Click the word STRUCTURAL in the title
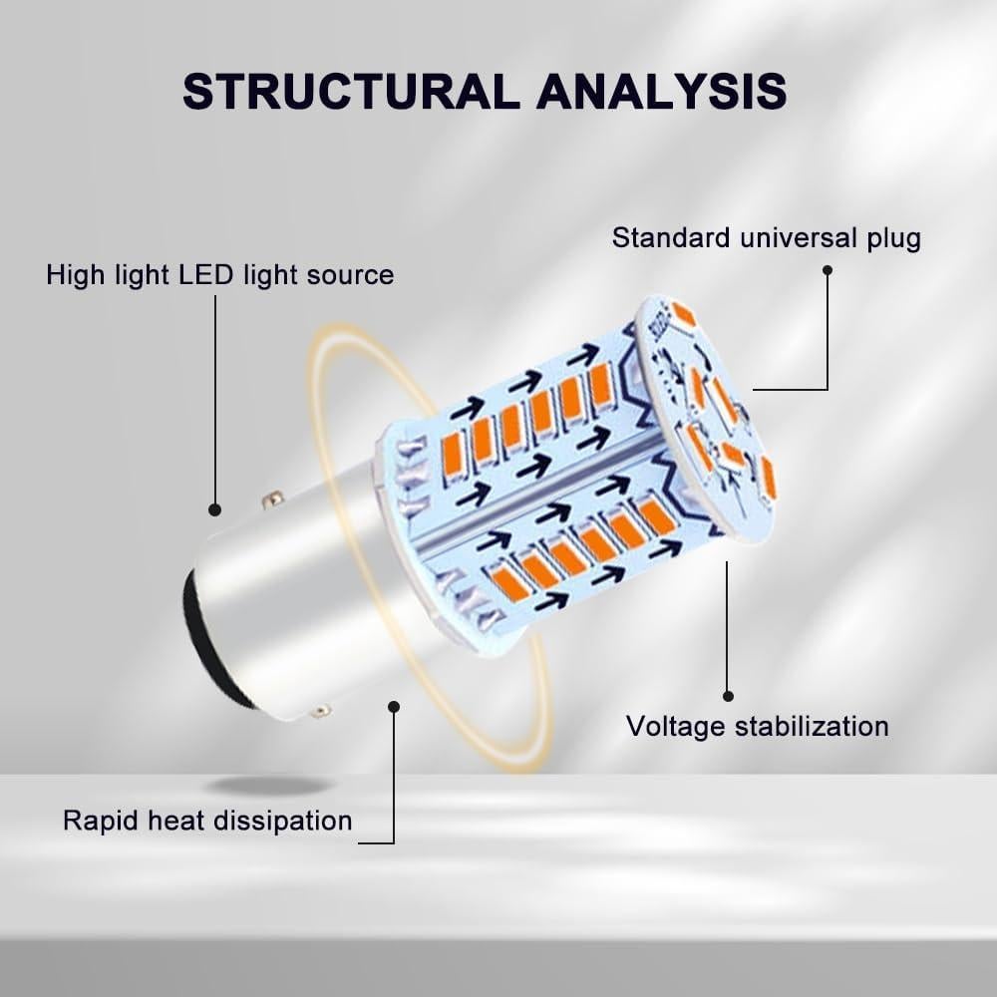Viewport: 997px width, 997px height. (x=351, y=91)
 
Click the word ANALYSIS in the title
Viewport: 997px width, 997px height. (x=661, y=91)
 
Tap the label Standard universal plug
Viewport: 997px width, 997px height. (x=766, y=238)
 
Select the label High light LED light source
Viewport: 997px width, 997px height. (x=219, y=275)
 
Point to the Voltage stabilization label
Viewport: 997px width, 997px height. (x=757, y=726)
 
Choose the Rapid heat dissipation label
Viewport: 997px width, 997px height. (x=207, y=821)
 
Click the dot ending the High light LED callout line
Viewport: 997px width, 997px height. (x=214, y=509)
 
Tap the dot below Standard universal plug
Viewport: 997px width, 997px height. (x=827, y=269)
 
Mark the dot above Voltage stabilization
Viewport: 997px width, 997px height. (x=728, y=696)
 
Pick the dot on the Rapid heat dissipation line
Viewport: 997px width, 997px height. (x=394, y=706)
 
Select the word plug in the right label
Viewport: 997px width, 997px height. (x=893, y=239)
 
